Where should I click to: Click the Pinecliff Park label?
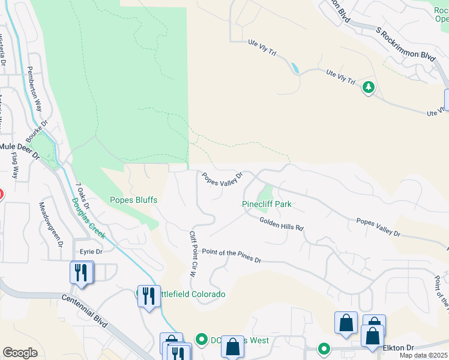click(267, 204)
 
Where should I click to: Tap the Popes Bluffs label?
click(133, 200)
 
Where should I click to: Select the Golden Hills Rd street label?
click(282, 224)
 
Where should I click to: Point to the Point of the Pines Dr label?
click(232, 256)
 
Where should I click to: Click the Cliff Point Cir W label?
click(193, 253)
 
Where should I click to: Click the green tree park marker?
click(368, 88)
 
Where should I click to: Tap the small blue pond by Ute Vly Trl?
click(295, 68)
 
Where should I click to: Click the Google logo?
click(20, 353)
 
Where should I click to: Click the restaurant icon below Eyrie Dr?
click(80, 273)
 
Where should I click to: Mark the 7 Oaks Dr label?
click(83, 196)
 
